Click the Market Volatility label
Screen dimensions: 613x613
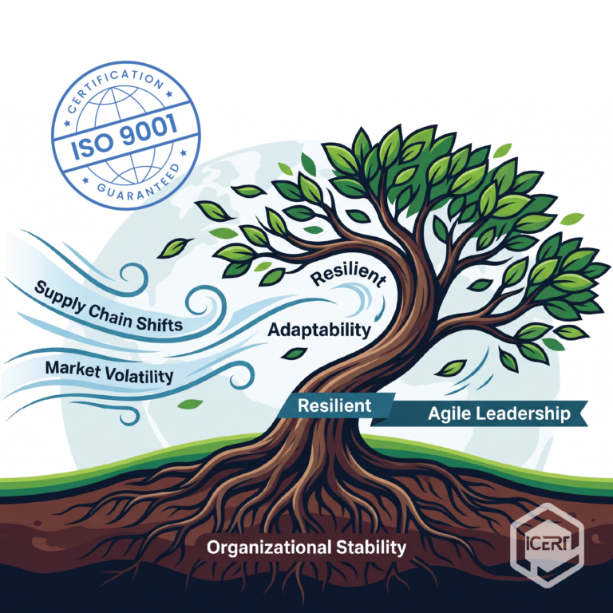(109, 371)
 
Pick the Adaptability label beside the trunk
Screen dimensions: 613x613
(319, 329)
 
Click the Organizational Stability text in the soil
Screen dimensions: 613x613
(306, 548)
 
